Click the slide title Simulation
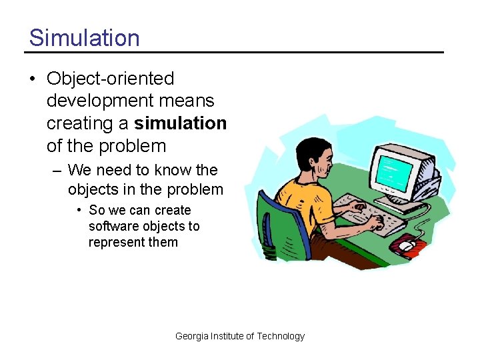(84, 37)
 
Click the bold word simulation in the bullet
(180, 123)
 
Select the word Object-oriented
(110, 79)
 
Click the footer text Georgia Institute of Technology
(239, 336)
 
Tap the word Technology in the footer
(281, 336)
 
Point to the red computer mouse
(408, 246)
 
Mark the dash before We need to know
(57, 171)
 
